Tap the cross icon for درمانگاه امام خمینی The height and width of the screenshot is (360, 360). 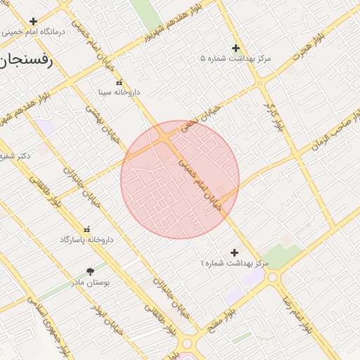click(x=33, y=22)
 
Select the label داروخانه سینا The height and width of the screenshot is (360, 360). click(x=119, y=92)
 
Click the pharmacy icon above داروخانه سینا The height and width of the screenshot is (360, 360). click(x=118, y=82)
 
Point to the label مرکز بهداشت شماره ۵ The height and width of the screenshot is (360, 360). click(x=236, y=58)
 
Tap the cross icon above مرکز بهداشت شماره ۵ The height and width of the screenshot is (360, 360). click(x=236, y=48)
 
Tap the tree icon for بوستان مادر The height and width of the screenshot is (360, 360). click(x=90, y=271)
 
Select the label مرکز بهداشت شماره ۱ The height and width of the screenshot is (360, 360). click(x=234, y=262)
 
